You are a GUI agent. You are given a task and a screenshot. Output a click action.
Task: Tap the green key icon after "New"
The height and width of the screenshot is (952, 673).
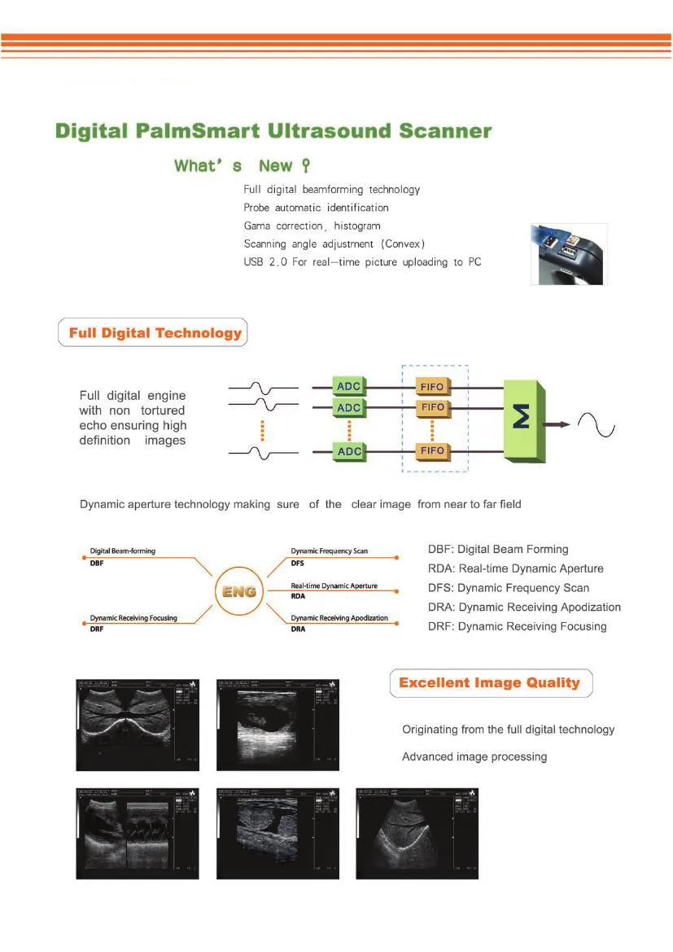(306, 166)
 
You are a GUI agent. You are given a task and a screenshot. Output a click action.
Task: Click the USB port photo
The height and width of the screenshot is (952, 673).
(569, 253)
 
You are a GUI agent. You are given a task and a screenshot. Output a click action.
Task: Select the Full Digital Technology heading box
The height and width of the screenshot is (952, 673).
(153, 333)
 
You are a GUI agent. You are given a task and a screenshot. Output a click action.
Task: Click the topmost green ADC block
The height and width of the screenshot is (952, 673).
(349, 386)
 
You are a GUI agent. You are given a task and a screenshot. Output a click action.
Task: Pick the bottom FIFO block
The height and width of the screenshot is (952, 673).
(432, 450)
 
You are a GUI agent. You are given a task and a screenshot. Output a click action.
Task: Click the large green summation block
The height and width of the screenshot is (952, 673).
(524, 418)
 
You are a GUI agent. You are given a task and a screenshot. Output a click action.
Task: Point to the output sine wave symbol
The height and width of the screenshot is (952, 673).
(597, 424)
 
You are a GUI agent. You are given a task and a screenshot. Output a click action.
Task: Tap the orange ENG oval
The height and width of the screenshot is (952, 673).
(239, 592)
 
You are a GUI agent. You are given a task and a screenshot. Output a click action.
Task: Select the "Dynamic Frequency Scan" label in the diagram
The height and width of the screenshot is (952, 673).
(330, 551)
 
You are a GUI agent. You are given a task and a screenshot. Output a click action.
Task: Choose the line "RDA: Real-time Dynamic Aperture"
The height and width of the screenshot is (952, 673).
(515, 568)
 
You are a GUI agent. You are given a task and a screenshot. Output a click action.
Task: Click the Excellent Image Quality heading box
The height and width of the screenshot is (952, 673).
(490, 683)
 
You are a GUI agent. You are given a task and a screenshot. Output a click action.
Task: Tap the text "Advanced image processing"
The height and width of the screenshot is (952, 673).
(474, 757)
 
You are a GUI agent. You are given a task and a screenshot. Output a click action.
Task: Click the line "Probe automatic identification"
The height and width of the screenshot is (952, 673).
(316, 208)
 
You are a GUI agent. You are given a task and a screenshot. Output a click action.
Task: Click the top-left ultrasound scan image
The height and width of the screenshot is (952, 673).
(138, 725)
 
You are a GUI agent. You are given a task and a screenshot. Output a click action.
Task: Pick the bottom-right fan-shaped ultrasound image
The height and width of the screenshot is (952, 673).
(417, 832)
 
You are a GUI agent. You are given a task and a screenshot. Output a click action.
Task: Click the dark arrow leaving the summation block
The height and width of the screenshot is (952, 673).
(557, 423)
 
